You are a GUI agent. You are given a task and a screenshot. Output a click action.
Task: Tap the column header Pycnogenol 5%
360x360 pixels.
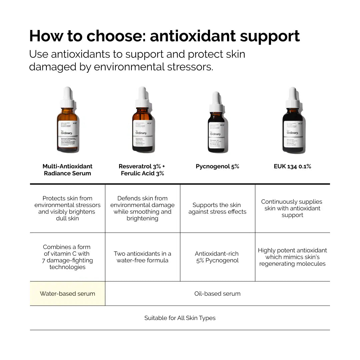[217, 166]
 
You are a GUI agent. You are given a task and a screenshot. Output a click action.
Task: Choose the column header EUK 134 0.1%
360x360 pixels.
[292, 166]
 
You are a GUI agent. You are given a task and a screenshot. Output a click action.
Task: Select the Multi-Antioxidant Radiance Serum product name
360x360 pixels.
[67, 170]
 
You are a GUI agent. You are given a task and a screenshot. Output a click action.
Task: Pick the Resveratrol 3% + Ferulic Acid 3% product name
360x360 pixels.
[142, 170]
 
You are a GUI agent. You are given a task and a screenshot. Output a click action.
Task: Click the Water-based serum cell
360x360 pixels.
[67, 294]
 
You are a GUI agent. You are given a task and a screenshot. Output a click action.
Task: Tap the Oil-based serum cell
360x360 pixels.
[217, 294]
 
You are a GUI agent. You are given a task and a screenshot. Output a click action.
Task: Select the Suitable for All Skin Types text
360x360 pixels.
[180, 318]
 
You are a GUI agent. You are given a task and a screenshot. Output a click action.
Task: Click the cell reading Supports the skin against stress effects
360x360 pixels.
[217, 208]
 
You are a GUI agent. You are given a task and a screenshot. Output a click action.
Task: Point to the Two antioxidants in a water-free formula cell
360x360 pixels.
[142, 257]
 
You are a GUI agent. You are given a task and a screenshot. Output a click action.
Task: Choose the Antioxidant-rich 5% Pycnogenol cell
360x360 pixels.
[217, 257]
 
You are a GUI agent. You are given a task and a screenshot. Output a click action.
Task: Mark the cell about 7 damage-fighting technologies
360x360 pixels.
[67, 257]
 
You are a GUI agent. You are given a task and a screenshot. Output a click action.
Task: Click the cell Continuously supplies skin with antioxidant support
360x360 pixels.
[292, 208]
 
